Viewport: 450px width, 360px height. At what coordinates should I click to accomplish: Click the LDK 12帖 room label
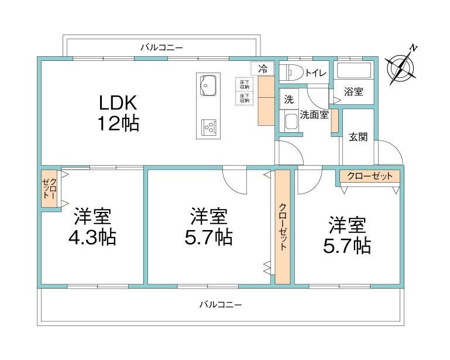coord(119,113)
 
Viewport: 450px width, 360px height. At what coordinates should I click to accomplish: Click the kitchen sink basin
coord(208,86)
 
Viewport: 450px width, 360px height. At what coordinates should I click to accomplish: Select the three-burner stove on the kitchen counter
coord(209,127)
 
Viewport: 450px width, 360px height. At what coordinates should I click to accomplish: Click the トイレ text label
coord(315,73)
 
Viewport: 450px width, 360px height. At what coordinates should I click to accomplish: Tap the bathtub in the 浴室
coord(354,70)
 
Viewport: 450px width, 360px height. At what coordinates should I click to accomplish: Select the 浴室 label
coord(353,92)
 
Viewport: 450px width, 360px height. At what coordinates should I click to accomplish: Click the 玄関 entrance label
coord(358,137)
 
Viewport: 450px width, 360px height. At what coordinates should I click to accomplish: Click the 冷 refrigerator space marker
coord(263,69)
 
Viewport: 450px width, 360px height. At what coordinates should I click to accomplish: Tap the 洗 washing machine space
coord(289,100)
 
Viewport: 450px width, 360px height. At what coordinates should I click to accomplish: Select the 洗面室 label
coord(314,115)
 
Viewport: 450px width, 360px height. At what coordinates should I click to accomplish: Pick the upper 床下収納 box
coord(245,84)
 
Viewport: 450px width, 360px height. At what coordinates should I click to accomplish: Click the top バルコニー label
coord(162,47)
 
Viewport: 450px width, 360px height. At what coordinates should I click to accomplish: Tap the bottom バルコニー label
coord(221,304)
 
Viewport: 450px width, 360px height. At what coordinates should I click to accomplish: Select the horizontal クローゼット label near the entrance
coord(370,176)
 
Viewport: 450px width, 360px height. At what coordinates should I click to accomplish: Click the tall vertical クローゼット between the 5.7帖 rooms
coord(283,227)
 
